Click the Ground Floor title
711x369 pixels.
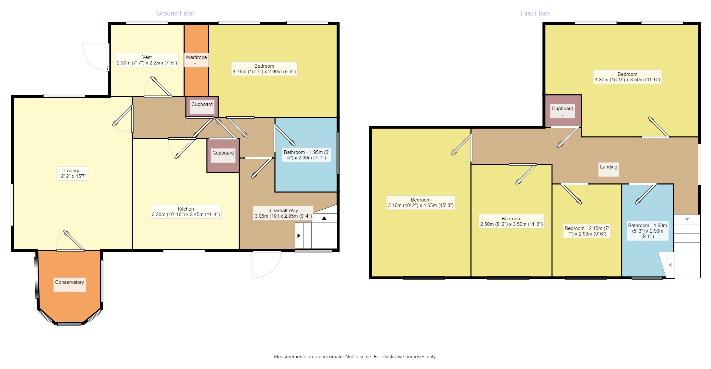click(x=175, y=13)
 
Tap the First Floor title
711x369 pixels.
click(x=535, y=13)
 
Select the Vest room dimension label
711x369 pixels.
click(x=147, y=60)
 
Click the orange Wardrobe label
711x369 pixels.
click(x=196, y=60)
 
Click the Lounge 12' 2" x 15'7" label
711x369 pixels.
click(x=72, y=173)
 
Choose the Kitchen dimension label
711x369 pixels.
click(x=186, y=212)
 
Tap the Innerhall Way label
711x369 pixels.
click(x=283, y=213)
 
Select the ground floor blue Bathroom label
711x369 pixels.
click(x=306, y=155)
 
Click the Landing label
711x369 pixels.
click(x=608, y=169)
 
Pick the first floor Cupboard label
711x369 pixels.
click(x=562, y=111)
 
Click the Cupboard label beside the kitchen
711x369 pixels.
click(x=223, y=155)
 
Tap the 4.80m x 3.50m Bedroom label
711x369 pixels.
click(x=627, y=77)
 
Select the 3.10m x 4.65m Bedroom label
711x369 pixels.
click(x=421, y=202)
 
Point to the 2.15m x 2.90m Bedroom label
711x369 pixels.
click(x=587, y=231)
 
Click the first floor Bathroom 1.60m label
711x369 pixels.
click(x=647, y=231)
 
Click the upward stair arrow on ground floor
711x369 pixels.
click(x=324, y=218)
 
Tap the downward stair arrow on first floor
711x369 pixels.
click(x=687, y=219)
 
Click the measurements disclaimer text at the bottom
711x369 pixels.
click(x=355, y=357)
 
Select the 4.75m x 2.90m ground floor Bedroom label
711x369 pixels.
click(x=264, y=69)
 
